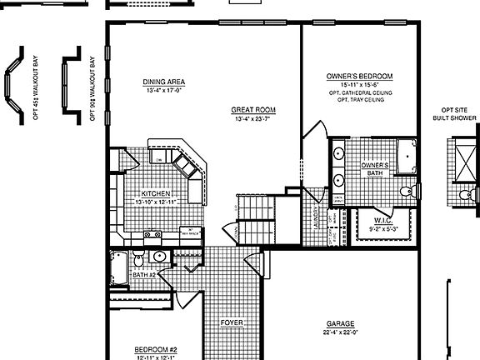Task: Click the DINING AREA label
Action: (x=163, y=82)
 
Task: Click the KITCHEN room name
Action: (x=156, y=193)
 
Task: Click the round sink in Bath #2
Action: (x=159, y=257)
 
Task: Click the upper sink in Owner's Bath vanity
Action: (x=339, y=154)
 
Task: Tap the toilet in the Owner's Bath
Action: (x=407, y=192)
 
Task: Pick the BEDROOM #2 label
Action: (x=156, y=350)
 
